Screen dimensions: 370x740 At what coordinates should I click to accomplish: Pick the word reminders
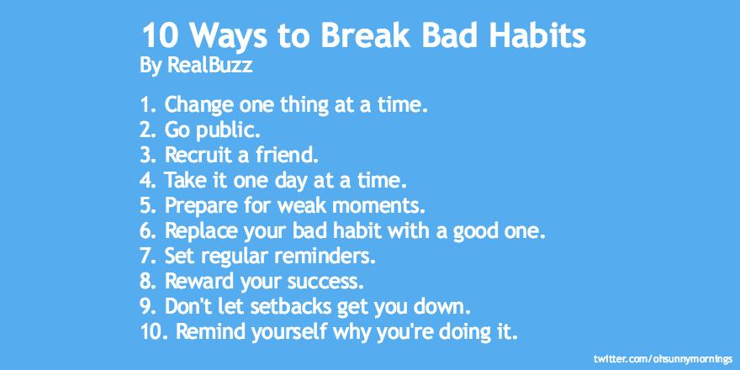(326, 254)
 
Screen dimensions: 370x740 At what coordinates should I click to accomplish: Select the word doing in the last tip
(459, 331)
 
